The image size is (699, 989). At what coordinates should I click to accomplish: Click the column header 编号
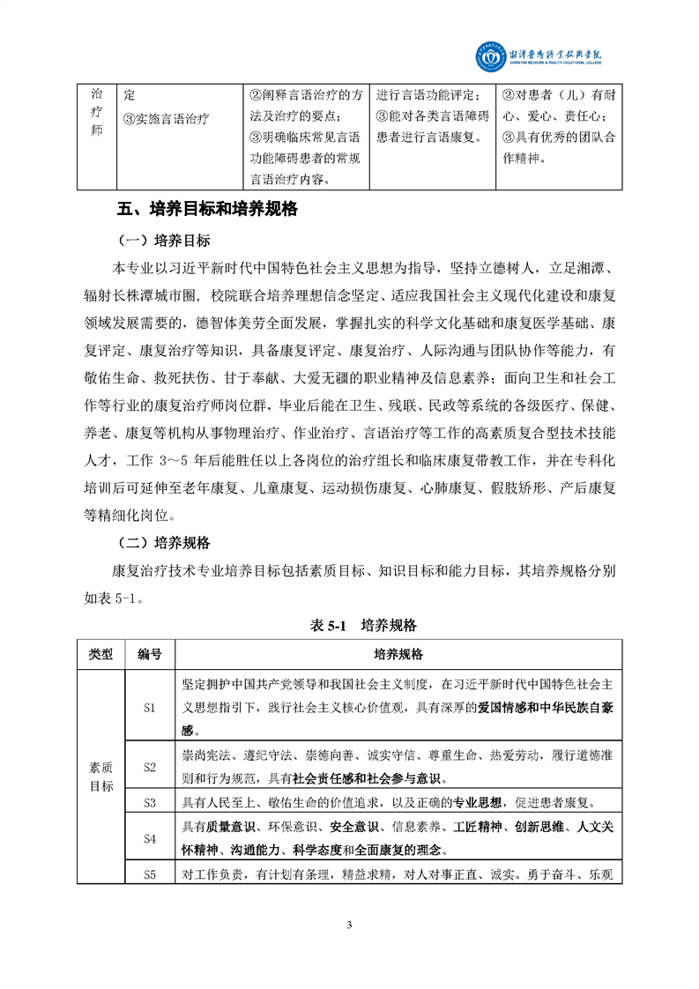click(149, 655)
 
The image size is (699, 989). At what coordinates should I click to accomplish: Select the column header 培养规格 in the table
click(398, 655)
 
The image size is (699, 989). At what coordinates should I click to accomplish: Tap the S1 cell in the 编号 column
click(149, 707)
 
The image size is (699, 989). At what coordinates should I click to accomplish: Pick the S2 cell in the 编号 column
click(149, 767)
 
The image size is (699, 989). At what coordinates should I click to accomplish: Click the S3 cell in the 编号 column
click(149, 803)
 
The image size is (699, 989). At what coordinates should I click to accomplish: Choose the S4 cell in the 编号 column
click(149, 839)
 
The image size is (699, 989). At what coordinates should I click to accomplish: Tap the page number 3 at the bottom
click(350, 925)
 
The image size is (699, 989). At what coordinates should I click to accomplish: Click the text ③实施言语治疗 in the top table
click(167, 117)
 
